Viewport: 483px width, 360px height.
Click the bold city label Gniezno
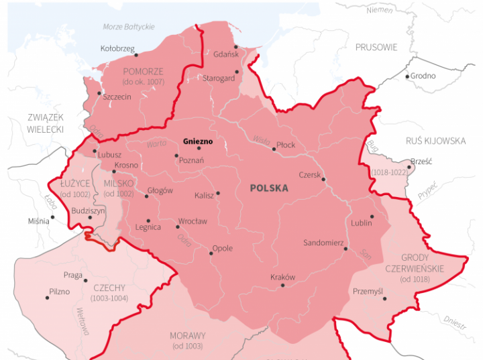197,142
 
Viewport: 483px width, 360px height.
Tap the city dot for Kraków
282,286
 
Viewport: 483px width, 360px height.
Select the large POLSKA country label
269,188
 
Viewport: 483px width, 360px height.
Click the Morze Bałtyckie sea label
129,26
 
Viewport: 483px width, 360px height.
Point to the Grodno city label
423,76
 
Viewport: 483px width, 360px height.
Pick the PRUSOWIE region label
376,48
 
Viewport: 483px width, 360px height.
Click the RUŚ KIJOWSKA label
435,141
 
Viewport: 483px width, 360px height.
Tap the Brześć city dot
411,162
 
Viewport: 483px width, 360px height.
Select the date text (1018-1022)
388,173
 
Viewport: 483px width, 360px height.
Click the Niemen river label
380,11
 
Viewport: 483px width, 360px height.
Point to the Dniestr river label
454,323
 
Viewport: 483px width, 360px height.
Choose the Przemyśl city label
367,292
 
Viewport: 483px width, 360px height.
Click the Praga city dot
86,280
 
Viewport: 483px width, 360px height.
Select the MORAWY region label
188,335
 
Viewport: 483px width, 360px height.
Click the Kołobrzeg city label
117,48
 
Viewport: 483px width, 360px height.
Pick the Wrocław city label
193,221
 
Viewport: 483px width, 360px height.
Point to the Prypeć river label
427,190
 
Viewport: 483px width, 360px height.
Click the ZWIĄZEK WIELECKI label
46,123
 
